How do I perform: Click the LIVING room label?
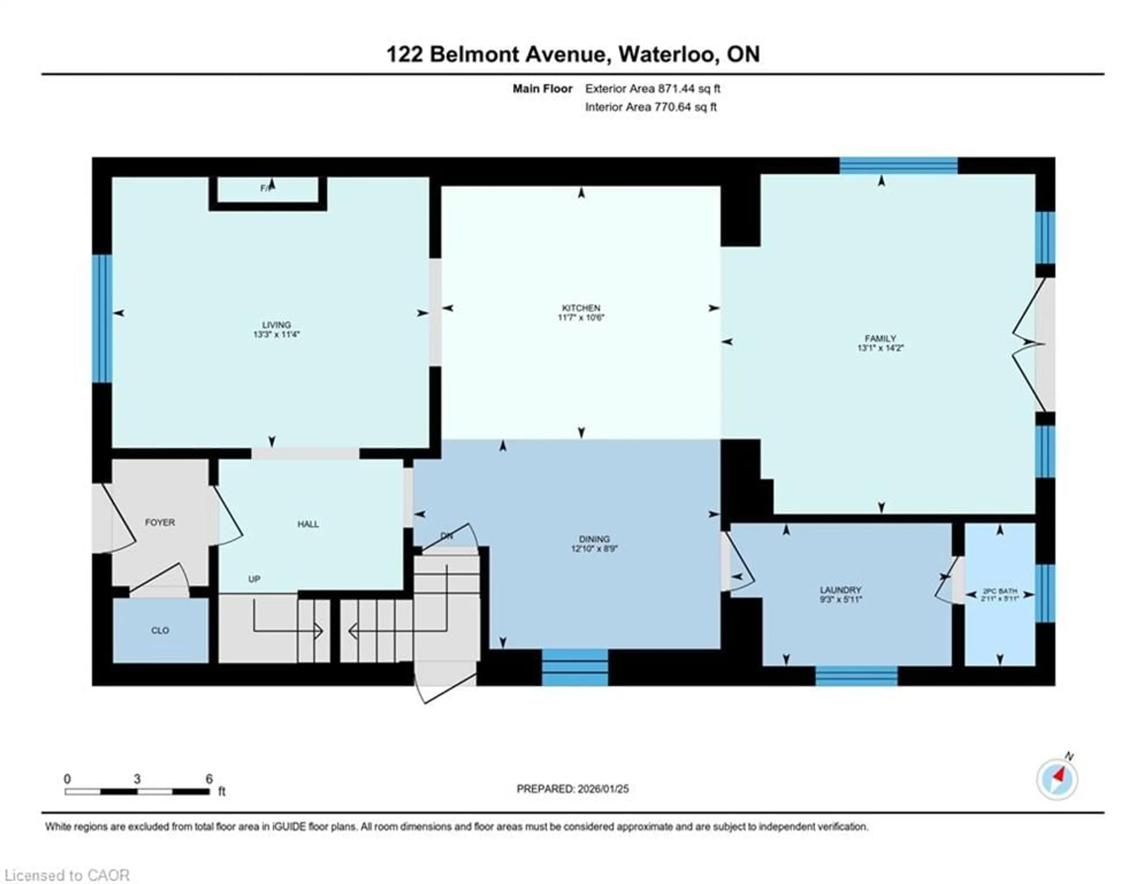click(x=276, y=324)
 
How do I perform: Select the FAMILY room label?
click(x=880, y=338)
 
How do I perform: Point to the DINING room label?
click(x=594, y=539)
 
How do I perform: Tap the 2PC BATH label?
click(x=1000, y=591)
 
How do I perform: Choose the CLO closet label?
click(x=160, y=630)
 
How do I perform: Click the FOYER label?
click(x=160, y=522)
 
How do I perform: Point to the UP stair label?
click(x=254, y=579)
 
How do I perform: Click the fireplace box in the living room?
click(x=268, y=190)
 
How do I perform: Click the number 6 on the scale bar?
click(x=209, y=779)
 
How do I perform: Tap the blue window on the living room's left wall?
click(x=102, y=318)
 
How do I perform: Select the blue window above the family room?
click(x=899, y=166)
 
